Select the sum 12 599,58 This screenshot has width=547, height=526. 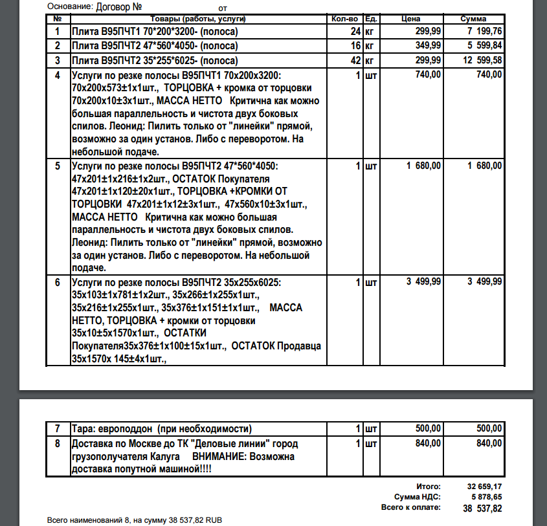coord(479,61)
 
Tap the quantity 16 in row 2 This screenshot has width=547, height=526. coord(355,46)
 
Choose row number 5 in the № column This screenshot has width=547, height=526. coord(58,166)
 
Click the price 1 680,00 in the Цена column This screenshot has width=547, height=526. coord(424,166)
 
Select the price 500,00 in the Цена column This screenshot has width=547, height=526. coord(428,428)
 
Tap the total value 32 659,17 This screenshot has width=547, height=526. coord(484,486)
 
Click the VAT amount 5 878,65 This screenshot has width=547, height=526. coord(486,496)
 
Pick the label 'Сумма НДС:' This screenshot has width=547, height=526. coord(418,496)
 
